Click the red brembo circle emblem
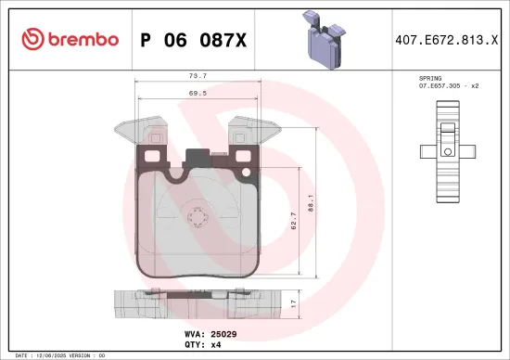pyautogui.click(x=32, y=39)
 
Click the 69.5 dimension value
pyautogui.click(x=197, y=95)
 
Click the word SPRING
pyautogui.click(x=430, y=79)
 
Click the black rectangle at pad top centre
pyautogui.click(x=197, y=159)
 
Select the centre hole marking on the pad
pyautogui.click(x=197, y=219)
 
